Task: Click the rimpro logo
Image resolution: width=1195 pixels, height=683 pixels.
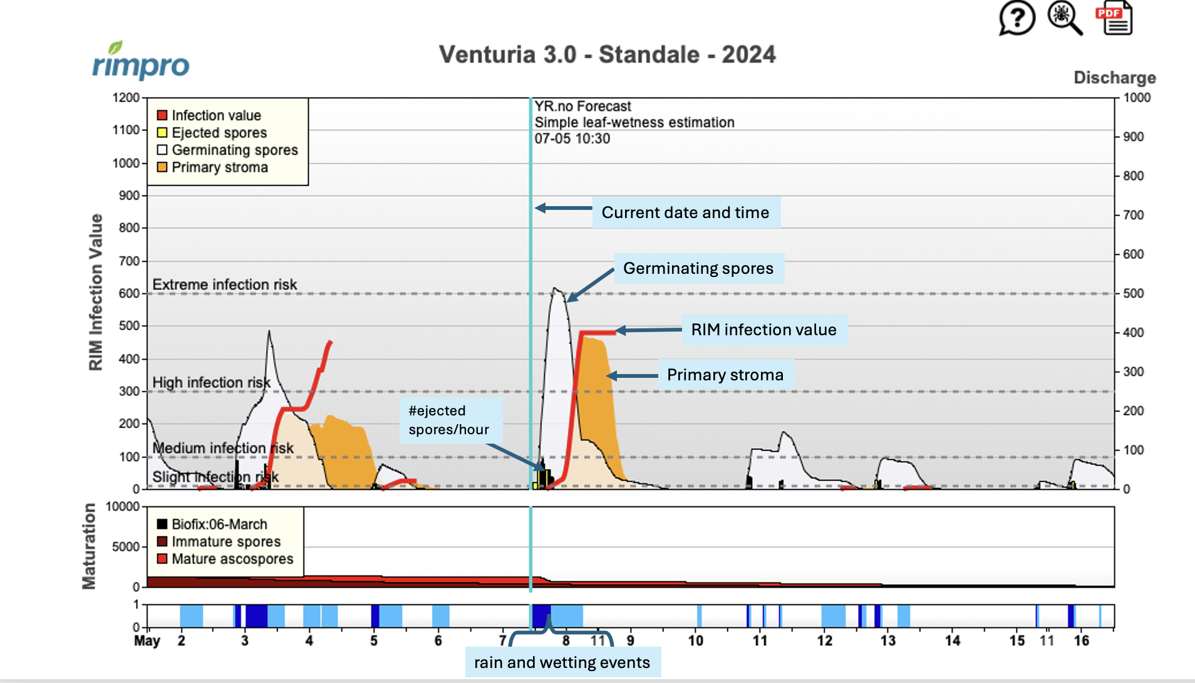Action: click(141, 61)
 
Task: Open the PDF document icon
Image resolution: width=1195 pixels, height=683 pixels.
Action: click(1114, 18)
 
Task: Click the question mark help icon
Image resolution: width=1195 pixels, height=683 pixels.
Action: click(1016, 18)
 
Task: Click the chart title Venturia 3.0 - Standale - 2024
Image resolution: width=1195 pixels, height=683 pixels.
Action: click(607, 55)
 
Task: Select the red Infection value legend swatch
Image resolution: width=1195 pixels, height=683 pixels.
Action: click(162, 115)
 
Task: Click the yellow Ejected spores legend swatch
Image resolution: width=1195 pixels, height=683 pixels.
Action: click(162, 133)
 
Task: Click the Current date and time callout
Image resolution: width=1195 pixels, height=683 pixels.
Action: click(685, 212)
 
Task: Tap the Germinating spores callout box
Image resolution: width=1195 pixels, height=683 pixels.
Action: click(698, 268)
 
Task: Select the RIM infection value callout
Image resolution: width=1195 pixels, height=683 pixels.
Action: click(763, 330)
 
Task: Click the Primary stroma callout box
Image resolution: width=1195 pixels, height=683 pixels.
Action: click(725, 375)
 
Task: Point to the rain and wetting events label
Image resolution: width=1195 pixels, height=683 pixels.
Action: click(562, 662)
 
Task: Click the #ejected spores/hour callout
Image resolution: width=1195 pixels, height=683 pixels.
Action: click(449, 420)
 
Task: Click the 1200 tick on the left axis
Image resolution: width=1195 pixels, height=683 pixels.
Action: click(126, 98)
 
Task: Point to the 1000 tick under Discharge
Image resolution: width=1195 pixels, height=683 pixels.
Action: click(1136, 98)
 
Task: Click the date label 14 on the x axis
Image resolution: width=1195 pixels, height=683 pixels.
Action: click(952, 640)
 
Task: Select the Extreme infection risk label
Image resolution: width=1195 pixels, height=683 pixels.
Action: click(225, 284)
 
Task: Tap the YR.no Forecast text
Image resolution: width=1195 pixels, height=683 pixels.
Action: click(582, 107)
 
